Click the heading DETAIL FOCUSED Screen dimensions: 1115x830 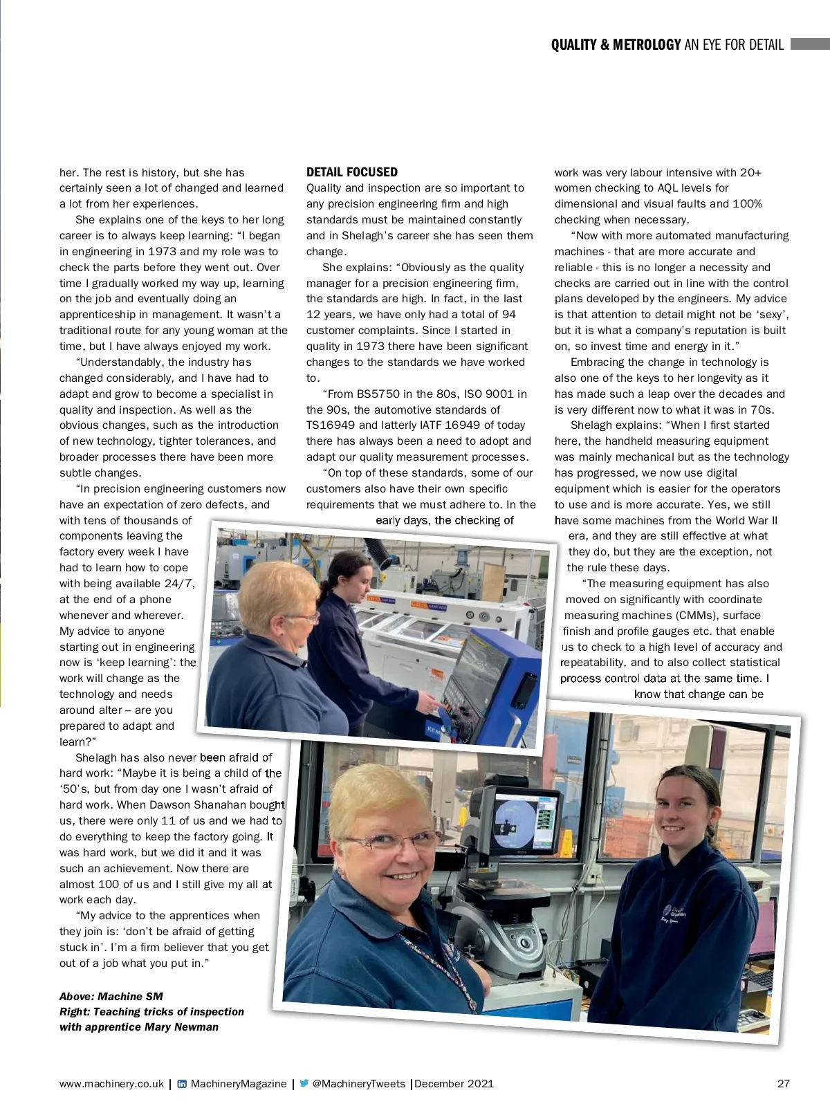[352, 172]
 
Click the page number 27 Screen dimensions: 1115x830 [783, 1083]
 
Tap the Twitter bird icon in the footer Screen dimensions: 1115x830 [304, 1083]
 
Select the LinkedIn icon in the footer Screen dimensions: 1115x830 [182, 1084]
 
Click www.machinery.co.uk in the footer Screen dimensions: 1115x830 [111, 1083]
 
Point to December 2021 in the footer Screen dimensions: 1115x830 [454, 1083]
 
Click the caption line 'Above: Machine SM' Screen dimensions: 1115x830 [111, 996]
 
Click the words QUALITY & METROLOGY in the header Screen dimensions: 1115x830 [616, 45]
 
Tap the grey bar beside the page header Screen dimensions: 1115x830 [809, 44]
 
